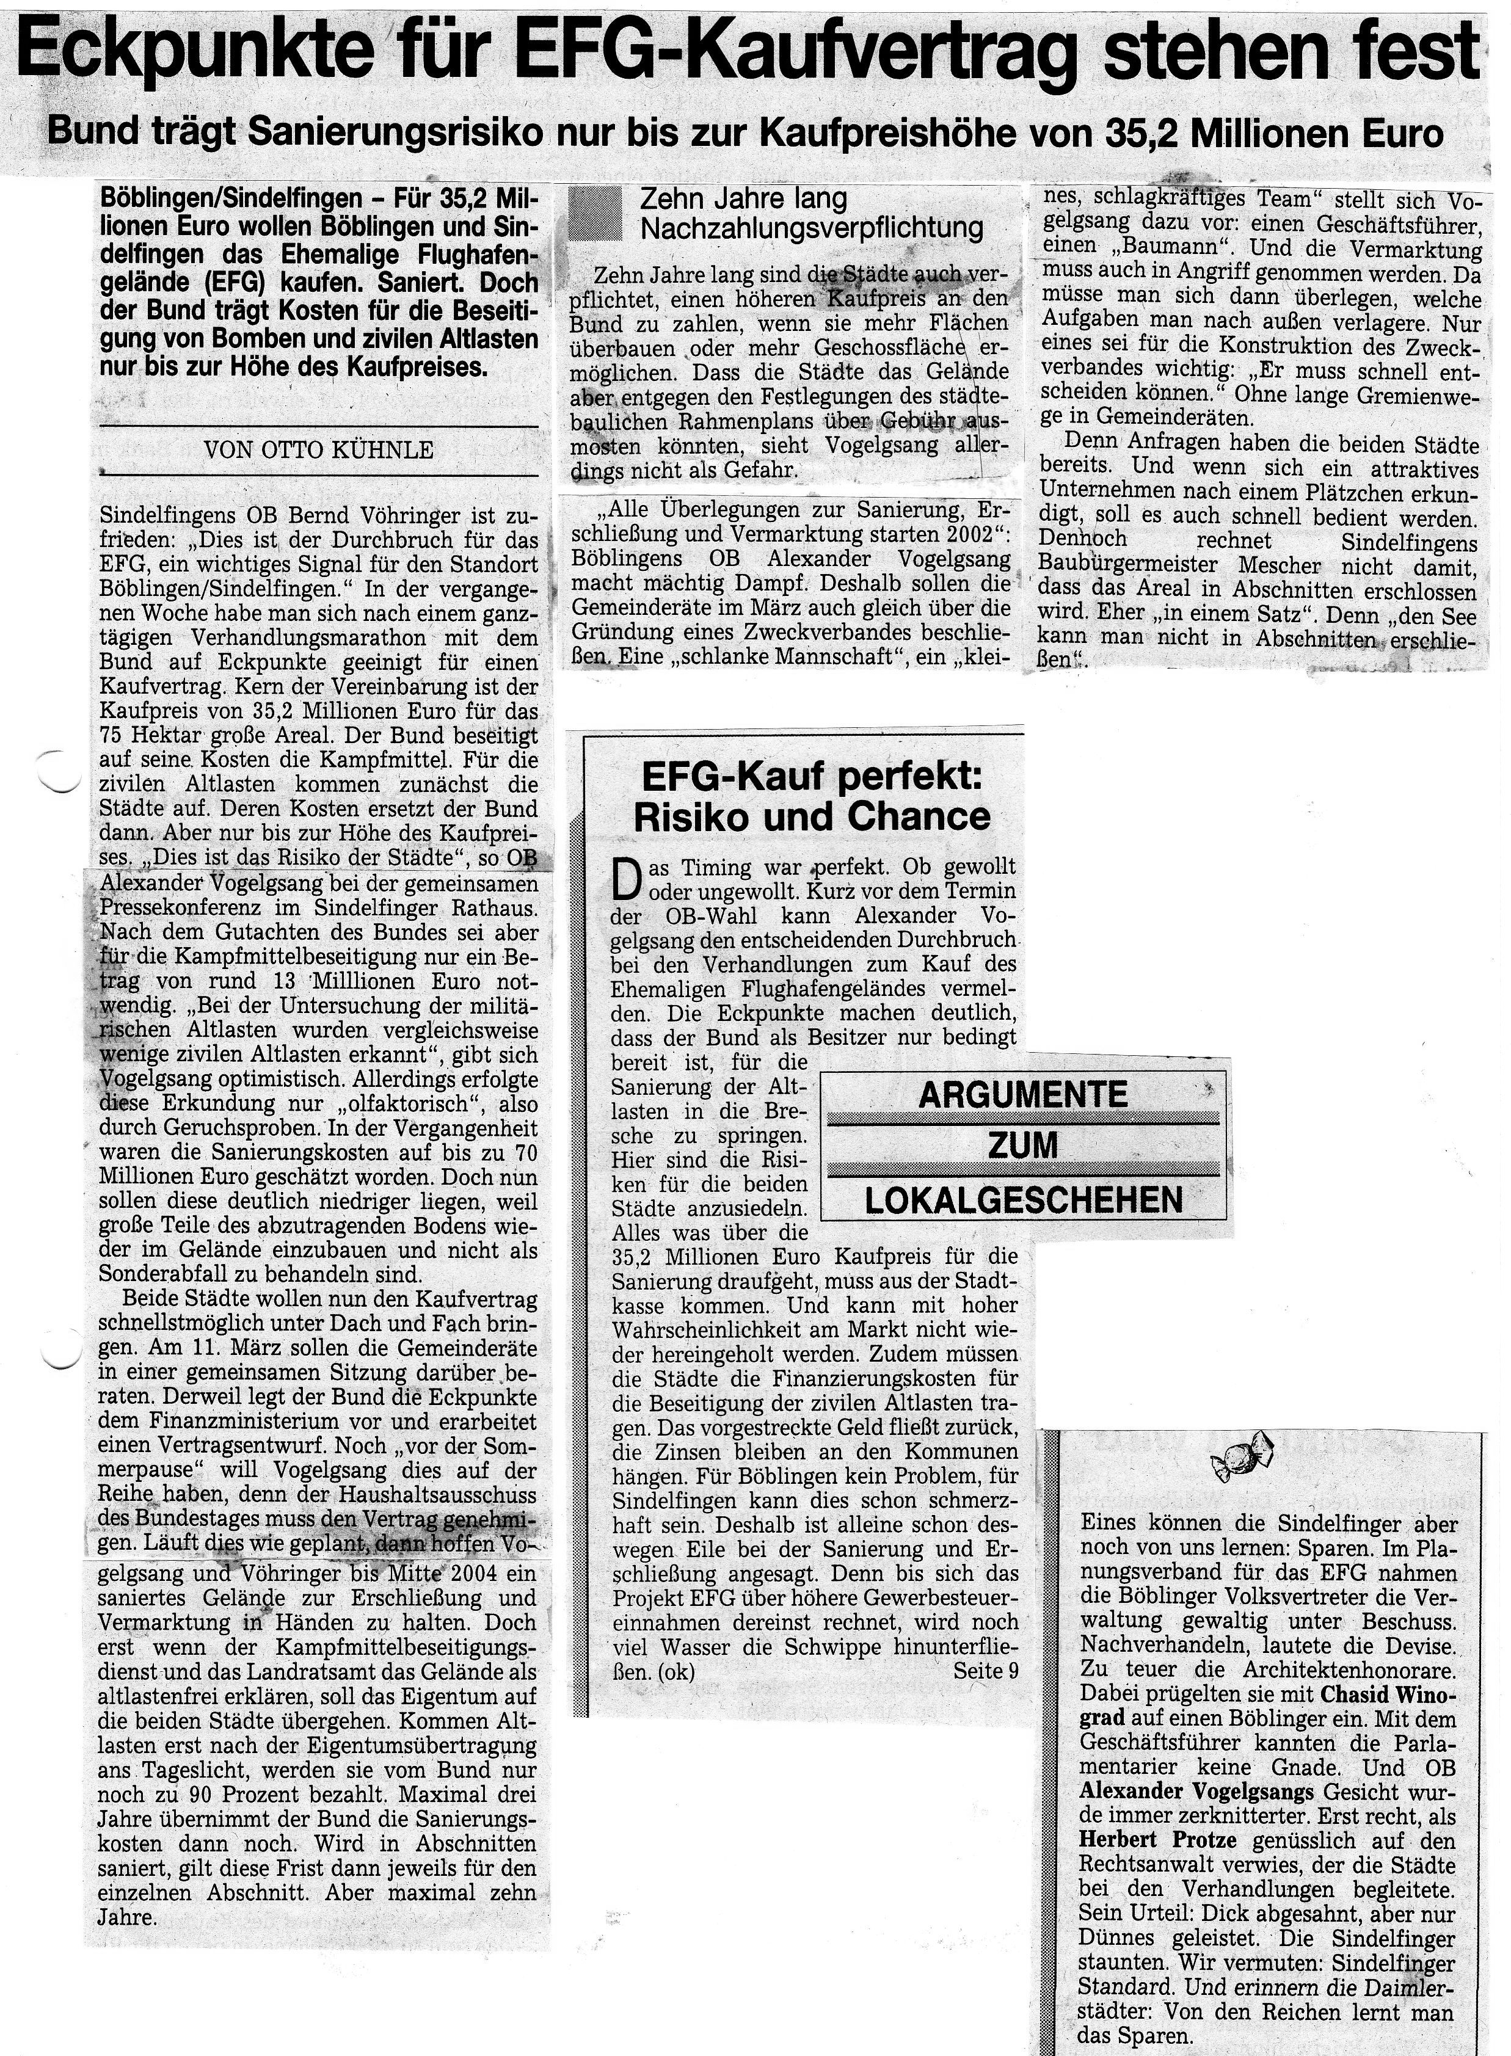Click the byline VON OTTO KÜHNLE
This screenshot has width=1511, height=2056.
[318, 450]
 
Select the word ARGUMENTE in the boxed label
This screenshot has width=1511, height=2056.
[1022, 1095]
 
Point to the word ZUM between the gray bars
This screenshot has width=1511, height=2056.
[1022, 1146]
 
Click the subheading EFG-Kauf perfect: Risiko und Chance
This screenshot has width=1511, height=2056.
[812, 796]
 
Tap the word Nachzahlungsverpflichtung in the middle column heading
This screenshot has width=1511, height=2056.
[812, 228]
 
